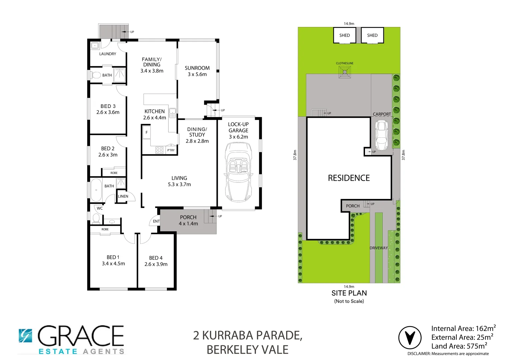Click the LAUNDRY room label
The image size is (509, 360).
pos(108,54)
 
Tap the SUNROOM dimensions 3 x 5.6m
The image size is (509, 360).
pos(197,74)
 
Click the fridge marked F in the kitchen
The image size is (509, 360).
pos(146,133)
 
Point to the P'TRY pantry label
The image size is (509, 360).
pos(171,150)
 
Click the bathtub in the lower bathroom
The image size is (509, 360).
pos(96,190)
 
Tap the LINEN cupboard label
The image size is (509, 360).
pos(123,196)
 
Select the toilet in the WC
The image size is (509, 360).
pos(96,218)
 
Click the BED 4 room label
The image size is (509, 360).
pos(156,258)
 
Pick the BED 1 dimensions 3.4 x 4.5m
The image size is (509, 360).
pos(113,264)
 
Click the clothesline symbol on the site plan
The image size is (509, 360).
pos(345,72)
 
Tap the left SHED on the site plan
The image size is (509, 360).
pos(344,35)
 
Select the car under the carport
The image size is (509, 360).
pos(381,135)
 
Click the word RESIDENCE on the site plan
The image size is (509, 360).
pos(349,178)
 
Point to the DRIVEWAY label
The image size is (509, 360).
pos(379,248)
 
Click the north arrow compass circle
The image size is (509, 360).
pos(410,338)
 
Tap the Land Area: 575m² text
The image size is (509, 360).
pos(459,346)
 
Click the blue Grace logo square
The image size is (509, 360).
pos(25,336)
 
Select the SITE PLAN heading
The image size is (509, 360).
pos(349,293)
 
